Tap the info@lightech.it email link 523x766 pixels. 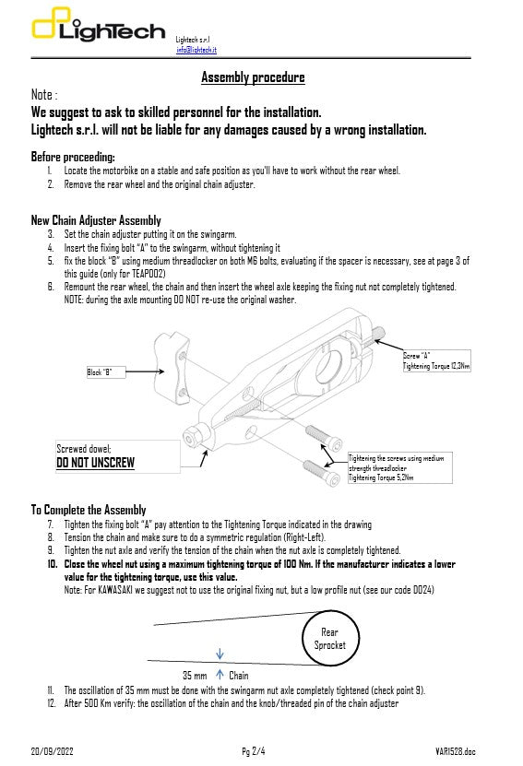tap(196, 50)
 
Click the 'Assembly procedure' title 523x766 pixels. tap(253, 77)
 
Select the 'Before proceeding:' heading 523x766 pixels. tap(73, 157)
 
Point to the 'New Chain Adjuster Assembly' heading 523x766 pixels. tap(96, 220)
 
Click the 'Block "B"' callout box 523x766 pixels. tap(100, 373)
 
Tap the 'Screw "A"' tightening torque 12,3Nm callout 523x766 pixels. tap(435, 361)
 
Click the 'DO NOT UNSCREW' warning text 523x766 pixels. tap(95, 463)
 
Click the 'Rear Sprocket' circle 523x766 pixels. tap(329, 639)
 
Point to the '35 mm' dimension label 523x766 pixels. tap(195, 676)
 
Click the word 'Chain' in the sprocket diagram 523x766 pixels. tap(238, 676)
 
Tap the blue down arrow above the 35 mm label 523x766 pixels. tap(220, 655)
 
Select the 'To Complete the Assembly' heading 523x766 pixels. tap(89, 510)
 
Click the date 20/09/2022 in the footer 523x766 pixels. tap(53, 752)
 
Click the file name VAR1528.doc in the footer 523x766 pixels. tap(455, 752)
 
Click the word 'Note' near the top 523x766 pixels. tap(42, 95)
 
